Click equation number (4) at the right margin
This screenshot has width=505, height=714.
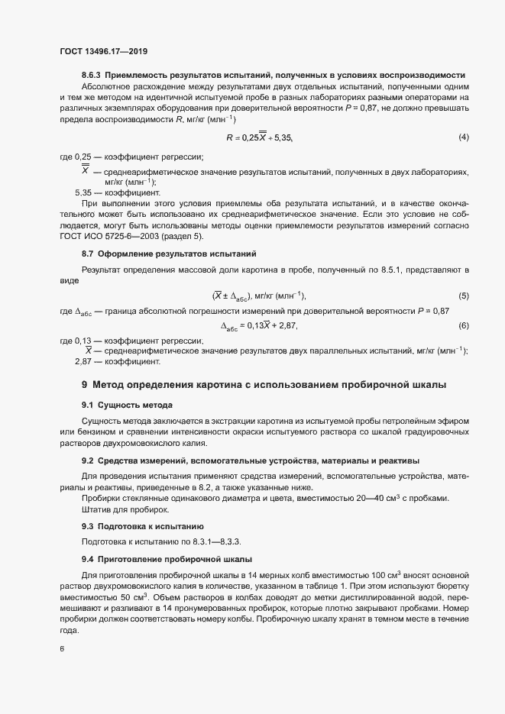pos(463,137)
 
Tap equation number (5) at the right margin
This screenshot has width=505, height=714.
pos(463,296)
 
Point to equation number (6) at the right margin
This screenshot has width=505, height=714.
pos(463,326)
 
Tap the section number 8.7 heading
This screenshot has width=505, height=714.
pos(88,253)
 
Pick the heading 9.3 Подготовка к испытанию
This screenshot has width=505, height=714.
pos(141,526)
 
